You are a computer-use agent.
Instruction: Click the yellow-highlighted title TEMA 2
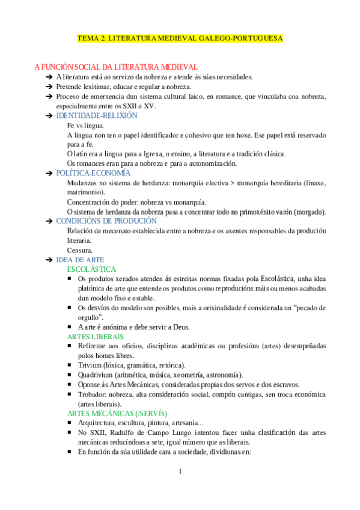(x=180, y=38)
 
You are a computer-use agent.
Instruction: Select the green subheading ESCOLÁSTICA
(x=92, y=269)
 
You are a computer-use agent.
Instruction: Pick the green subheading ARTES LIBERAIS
(x=96, y=337)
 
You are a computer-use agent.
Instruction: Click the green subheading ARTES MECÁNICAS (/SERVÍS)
(x=117, y=414)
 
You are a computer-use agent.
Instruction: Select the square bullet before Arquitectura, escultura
(x=72, y=423)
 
